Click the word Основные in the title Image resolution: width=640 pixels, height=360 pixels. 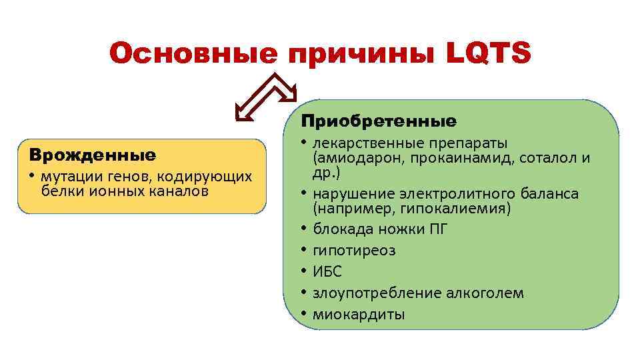pyautogui.click(x=193, y=54)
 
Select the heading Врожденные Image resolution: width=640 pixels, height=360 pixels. pyautogui.click(x=93, y=155)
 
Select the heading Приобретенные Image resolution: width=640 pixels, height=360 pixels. pyautogui.click(x=379, y=121)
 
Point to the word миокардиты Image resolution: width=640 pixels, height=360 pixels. pyautogui.click(x=358, y=315)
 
